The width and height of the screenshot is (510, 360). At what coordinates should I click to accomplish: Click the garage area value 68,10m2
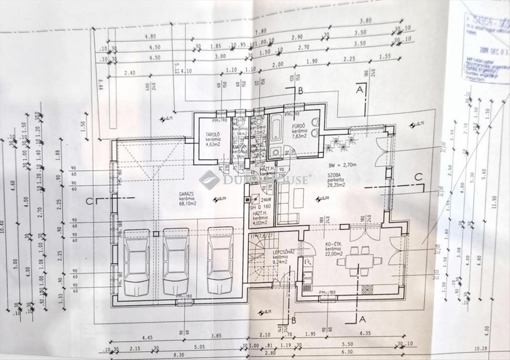click(x=187, y=203)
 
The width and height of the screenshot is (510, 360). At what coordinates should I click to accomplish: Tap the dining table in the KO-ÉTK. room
click(x=359, y=260)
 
